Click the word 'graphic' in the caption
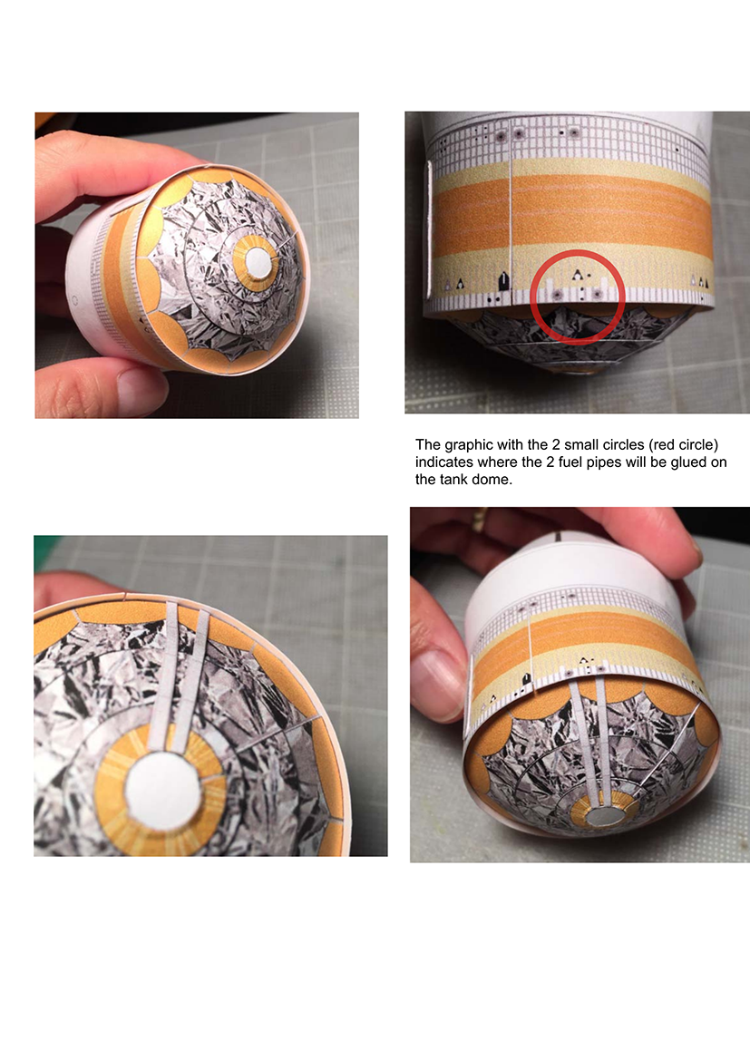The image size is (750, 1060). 470,445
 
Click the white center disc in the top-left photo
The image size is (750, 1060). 258,264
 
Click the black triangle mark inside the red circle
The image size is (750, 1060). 577,274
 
